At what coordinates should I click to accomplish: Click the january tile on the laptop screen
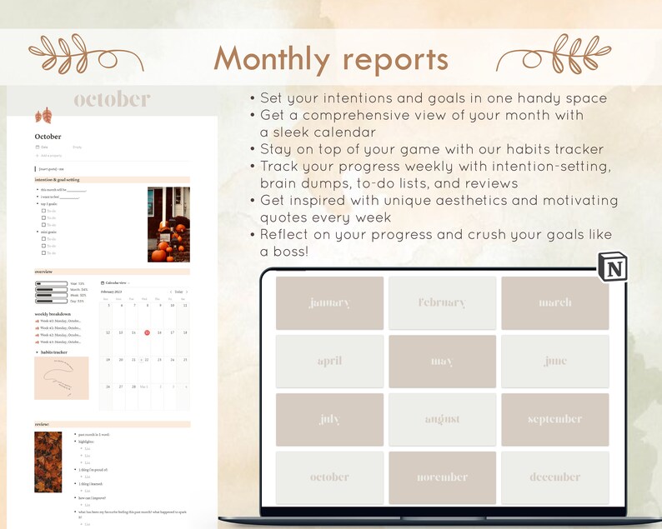[x=329, y=303]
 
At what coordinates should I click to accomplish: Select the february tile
[x=442, y=303]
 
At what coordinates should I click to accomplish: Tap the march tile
[x=554, y=303]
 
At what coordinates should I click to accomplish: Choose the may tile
[x=442, y=362]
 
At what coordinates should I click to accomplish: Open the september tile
[x=554, y=419]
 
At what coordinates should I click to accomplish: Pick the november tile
[x=442, y=477]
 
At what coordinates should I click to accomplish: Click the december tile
[x=554, y=477]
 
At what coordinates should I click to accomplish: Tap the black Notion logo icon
[x=613, y=268]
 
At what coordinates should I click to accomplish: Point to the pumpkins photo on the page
[x=168, y=224]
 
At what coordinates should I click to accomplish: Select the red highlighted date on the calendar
[x=147, y=332]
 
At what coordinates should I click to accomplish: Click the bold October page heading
[x=48, y=137]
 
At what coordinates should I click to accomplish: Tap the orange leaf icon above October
[x=43, y=116]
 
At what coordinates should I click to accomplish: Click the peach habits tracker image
[x=62, y=378]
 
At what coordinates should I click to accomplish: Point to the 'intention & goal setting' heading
[x=58, y=179]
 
